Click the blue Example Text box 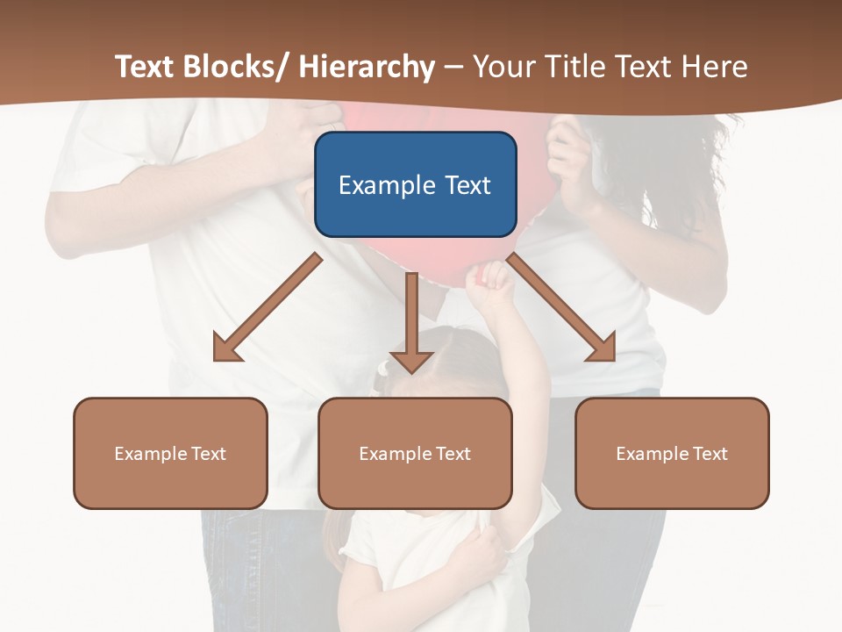tap(415, 184)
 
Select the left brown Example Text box tap(170, 453)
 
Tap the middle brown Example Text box tap(415, 453)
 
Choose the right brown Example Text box tap(672, 453)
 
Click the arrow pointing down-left tap(268, 307)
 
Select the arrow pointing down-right tap(561, 307)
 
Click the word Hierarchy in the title tap(367, 67)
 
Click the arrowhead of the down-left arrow tap(226, 348)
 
